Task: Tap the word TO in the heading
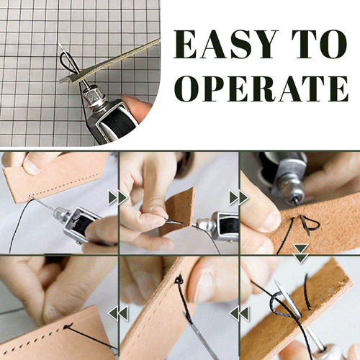point(320,45)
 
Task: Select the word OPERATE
point(261,89)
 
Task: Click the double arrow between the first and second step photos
point(117,198)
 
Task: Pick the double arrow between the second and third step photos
point(239,198)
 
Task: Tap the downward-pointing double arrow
point(301,253)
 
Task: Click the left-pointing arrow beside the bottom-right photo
point(239,313)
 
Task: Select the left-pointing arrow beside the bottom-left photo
point(118,313)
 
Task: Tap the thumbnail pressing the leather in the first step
point(31,166)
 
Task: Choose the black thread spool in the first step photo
point(82,224)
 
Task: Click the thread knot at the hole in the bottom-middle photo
point(179,280)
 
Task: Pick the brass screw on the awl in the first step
point(78,243)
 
